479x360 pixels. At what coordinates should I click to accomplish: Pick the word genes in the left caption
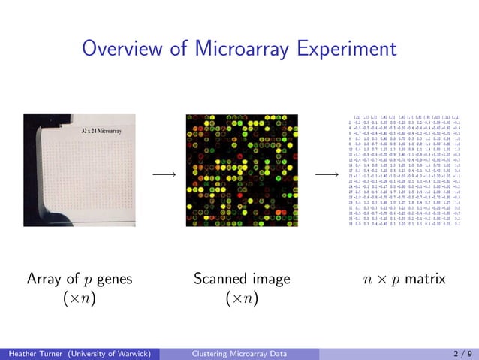(x=114, y=280)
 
